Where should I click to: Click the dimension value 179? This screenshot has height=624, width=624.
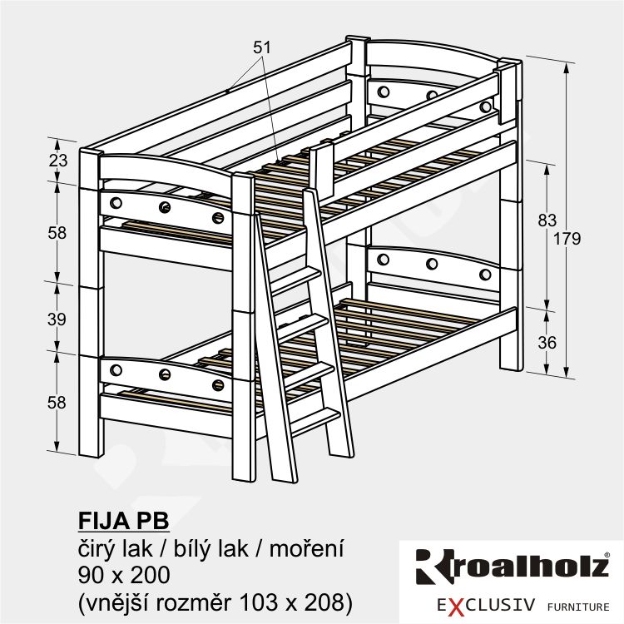(567, 239)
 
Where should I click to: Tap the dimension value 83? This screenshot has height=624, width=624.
(547, 220)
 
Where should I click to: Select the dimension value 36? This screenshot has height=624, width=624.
(547, 343)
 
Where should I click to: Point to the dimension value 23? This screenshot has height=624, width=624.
(58, 161)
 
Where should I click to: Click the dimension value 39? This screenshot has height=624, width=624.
(57, 319)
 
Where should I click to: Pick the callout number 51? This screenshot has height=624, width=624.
(262, 47)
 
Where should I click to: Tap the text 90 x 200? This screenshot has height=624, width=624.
(124, 575)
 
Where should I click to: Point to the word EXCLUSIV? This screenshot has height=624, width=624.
(486, 606)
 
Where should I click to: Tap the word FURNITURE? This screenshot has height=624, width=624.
(578, 607)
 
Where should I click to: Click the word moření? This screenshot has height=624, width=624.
(306, 549)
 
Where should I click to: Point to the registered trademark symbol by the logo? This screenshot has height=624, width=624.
(607, 554)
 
